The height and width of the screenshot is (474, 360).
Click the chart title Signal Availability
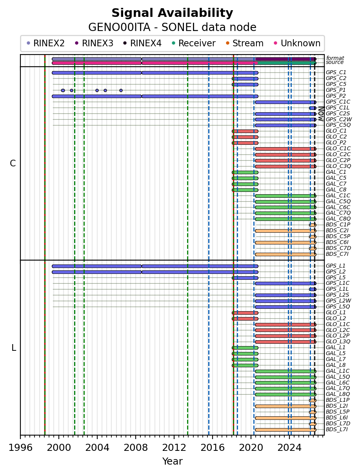click(172, 13)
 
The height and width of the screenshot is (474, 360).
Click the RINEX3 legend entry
click(94, 43)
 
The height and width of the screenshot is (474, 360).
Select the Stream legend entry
click(245, 43)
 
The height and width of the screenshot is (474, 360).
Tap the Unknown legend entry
click(297, 43)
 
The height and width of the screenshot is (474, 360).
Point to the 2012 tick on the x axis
click(174, 437)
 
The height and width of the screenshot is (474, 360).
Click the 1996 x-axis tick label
click(20, 448)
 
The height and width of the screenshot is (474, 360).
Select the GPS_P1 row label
click(336, 90)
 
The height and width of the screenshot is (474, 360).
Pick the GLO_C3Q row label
click(338, 166)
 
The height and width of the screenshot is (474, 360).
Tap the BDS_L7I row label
click(337, 429)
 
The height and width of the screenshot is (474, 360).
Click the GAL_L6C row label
click(338, 383)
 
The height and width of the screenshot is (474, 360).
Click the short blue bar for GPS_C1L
click(313, 108)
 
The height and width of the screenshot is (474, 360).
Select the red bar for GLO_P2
click(245, 143)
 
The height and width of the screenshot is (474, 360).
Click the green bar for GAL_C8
click(245, 190)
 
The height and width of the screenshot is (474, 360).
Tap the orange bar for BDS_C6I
click(285, 243)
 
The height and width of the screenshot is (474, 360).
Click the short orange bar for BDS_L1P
click(313, 400)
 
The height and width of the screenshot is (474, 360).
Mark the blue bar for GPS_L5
click(245, 278)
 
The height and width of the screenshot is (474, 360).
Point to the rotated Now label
click(321, 114)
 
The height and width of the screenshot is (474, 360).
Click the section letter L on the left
click(14, 348)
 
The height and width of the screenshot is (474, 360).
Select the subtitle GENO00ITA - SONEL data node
click(172, 27)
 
